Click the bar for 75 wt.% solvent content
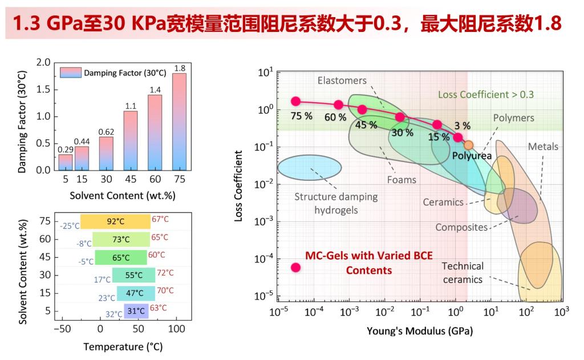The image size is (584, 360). coord(179,122)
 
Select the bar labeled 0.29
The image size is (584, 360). coord(66,163)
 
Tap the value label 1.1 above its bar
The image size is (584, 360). coord(131,106)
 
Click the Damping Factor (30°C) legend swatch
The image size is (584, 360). coord(70,72)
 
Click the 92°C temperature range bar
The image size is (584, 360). coord(115,221)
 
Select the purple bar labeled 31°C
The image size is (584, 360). coord(136,312)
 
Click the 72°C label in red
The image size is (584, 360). coord(165,273)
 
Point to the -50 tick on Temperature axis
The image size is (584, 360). coord(62,330)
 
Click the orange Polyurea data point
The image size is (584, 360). coord(468,144)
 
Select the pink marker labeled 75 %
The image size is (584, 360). coord(295,101)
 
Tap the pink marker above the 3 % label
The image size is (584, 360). coord(458,137)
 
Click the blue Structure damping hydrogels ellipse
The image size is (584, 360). coord(309,167)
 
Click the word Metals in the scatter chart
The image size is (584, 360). coord(542,147)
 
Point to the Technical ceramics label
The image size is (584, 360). coord(463,273)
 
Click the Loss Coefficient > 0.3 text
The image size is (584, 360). coord(485,94)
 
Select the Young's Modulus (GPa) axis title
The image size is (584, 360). coord(420,331)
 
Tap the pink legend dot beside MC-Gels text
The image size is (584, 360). coord(295,267)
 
